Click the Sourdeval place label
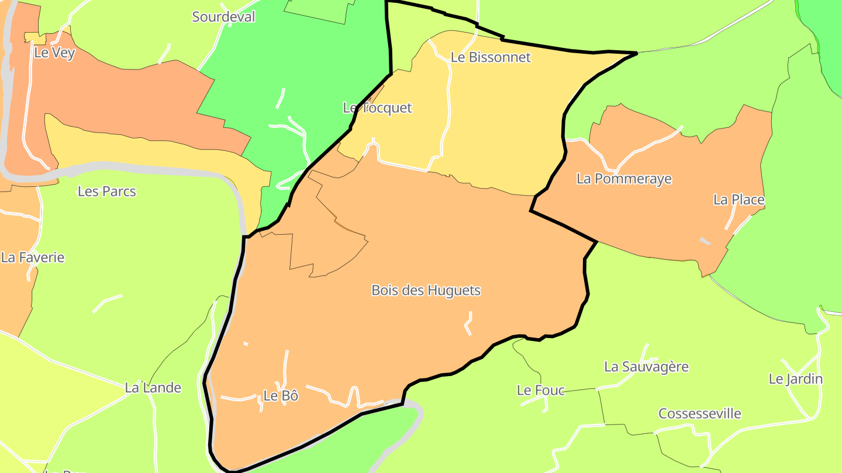tap(223, 17)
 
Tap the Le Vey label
tap(54, 53)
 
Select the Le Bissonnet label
tap(491, 57)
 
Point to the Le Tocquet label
tap(377, 108)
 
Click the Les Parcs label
tap(106, 192)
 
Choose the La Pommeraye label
tap(624, 179)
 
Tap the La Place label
tap(739, 200)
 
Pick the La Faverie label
tap(33, 258)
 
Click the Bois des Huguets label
tap(426, 290)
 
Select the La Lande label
tap(153, 388)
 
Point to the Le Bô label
tap(281, 396)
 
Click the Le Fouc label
tap(541, 390)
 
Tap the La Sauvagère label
tap(646, 367)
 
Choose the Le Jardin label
tap(795, 379)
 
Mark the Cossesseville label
tap(699, 414)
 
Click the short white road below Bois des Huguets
tap(469, 323)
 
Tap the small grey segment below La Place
tap(705, 241)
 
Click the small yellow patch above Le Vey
tap(35, 38)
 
